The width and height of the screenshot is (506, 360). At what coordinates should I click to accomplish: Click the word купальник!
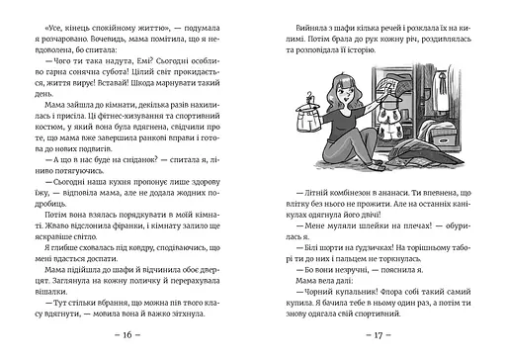point(331,303)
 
